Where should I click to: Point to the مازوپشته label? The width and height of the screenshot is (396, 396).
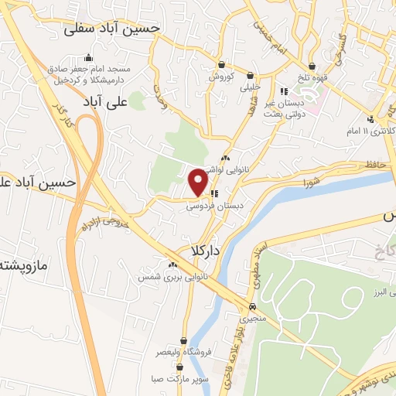pyautogui.click(x=23, y=265)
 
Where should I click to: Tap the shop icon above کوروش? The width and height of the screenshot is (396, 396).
pyautogui.click(x=222, y=66)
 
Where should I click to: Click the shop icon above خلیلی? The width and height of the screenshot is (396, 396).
pyautogui.click(x=250, y=75)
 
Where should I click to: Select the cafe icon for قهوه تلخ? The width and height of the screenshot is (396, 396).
pyautogui.click(x=312, y=67)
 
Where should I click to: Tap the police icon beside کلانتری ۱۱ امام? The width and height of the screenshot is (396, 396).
pyautogui.click(x=371, y=118)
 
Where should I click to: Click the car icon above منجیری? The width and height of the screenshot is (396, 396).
pyautogui.click(x=252, y=306)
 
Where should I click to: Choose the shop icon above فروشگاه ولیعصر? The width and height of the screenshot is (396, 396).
pyautogui.click(x=183, y=340)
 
